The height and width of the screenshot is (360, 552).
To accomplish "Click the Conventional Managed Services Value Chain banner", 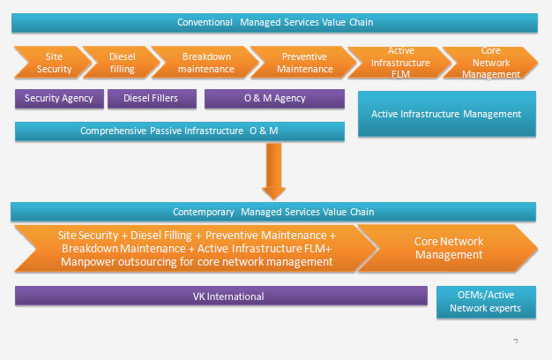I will pyautogui.click(x=275, y=22).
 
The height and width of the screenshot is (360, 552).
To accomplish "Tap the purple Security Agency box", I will pyautogui.click(x=58, y=98).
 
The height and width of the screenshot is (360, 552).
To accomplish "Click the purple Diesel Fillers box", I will pyautogui.click(x=151, y=98).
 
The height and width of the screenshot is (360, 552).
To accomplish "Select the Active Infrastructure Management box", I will pyautogui.click(x=446, y=114).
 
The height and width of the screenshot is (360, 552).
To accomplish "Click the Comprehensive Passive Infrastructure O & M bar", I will pyautogui.click(x=180, y=131).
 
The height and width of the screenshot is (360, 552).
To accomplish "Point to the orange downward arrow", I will pyautogui.click(x=274, y=176).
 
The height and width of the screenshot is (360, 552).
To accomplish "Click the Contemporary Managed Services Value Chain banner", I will pyautogui.click(x=274, y=212).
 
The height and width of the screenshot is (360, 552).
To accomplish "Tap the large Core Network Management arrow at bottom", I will pyautogui.click(x=450, y=248).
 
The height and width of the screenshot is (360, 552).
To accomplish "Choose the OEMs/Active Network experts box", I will pyautogui.click(x=485, y=302).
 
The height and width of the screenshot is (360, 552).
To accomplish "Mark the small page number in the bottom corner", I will pyautogui.click(x=514, y=339).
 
